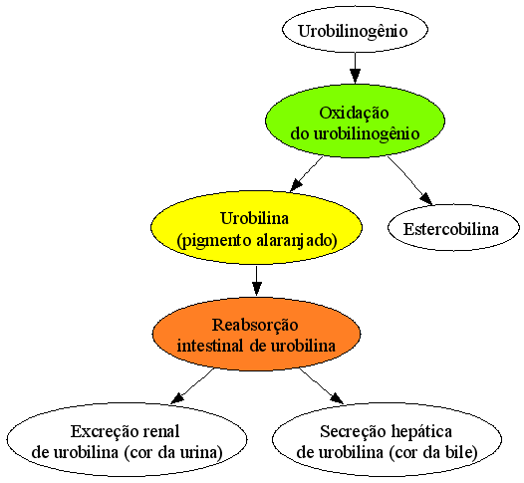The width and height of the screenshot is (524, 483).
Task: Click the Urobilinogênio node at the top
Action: point(355,30)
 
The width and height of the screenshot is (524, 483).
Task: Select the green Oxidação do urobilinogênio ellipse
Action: point(355,121)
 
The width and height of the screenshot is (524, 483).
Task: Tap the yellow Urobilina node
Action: point(256,227)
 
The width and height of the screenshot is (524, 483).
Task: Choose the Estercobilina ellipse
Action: point(453,227)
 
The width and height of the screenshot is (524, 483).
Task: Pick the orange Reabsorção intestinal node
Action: point(256,334)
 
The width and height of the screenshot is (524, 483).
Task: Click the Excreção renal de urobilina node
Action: point(127,439)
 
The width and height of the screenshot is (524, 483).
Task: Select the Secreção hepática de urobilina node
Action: point(387,439)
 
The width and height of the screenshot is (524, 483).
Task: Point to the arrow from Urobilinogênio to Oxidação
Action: point(355,68)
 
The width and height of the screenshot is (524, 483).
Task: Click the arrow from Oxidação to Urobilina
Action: point(307,174)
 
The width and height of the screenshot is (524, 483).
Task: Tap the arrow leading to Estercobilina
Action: point(410,180)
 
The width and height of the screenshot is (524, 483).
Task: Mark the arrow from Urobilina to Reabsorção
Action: point(256,281)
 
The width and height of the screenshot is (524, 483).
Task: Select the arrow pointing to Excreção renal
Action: point(192,386)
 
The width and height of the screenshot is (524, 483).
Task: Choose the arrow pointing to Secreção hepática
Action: point(321,386)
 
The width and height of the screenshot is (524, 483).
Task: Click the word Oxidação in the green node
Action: point(354,114)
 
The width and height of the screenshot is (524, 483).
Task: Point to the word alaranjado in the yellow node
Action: point(295,240)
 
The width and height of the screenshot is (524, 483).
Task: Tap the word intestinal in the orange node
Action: point(210,345)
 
